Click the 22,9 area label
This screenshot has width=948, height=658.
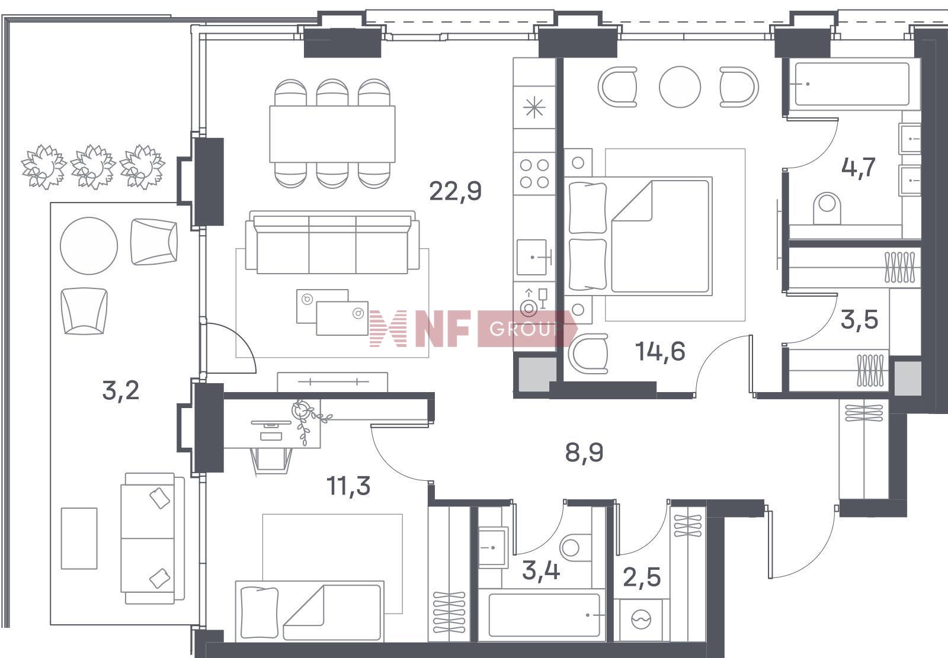click(x=456, y=191)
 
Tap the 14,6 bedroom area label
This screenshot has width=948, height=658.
click(x=660, y=351)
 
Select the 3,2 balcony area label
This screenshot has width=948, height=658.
click(x=121, y=390)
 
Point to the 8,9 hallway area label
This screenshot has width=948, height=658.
click(x=584, y=452)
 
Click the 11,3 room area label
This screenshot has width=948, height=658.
click(x=348, y=485)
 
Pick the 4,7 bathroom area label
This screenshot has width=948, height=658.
click(x=859, y=168)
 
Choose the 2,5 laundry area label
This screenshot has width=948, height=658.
click(x=642, y=577)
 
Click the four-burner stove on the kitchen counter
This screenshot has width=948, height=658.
click(x=534, y=174)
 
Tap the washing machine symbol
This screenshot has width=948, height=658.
click(x=642, y=620)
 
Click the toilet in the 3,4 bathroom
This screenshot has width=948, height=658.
click(x=575, y=547)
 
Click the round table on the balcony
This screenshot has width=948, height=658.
click(x=89, y=246)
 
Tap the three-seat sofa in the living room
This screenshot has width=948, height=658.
click(x=332, y=242)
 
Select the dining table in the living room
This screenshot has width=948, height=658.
click(x=332, y=134)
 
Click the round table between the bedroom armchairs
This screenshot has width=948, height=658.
click(x=680, y=86)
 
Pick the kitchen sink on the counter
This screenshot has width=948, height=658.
click(x=533, y=257)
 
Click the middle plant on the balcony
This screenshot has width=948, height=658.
click(x=92, y=166)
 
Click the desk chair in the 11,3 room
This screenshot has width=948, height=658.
click(x=271, y=459)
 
